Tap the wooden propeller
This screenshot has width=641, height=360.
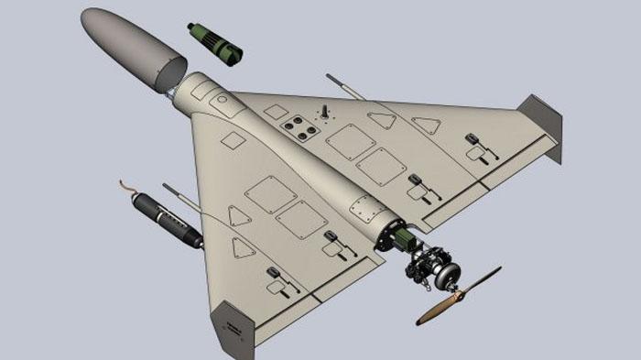tap(459, 296)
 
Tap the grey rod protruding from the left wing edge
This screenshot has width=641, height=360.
tap(179, 194)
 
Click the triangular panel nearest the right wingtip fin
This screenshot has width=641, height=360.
tap(425, 125)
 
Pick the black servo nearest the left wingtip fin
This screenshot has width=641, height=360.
tap(274, 274)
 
